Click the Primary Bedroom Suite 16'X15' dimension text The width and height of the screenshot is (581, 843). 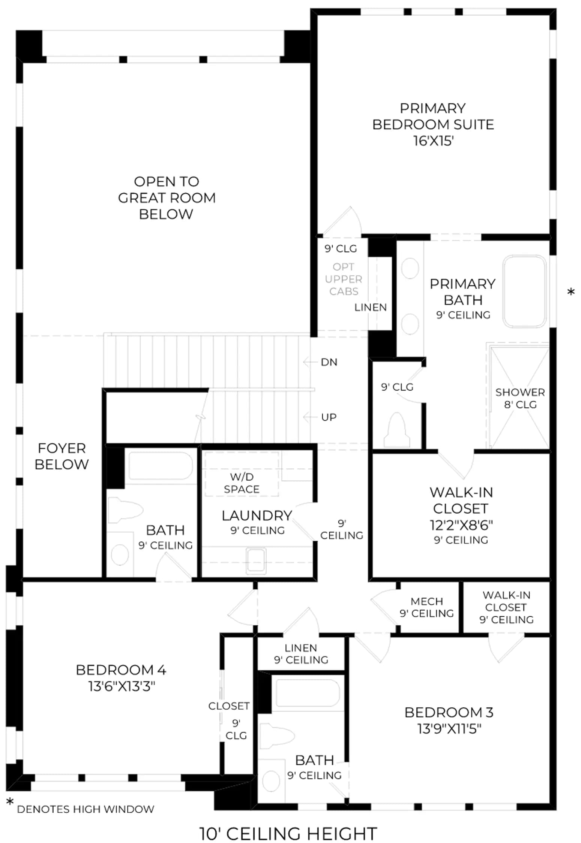[x=433, y=141]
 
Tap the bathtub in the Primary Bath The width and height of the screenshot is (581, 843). [x=524, y=291]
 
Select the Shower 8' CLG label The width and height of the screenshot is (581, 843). [x=520, y=398]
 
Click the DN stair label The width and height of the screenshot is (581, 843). [x=329, y=362]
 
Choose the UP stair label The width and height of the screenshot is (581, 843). [x=329, y=417]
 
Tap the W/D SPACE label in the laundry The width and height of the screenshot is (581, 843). [x=242, y=483]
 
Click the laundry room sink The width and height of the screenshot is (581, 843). [x=256, y=561]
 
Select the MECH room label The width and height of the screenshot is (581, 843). [x=427, y=601]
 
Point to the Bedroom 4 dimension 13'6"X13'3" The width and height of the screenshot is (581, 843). [x=122, y=686]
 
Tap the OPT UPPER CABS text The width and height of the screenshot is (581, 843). [x=344, y=279]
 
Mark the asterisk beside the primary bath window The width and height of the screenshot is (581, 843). [x=571, y=292]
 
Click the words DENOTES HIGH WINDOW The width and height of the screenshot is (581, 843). [x=86, y=809]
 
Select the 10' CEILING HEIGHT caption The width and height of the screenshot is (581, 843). [x=288, y=834]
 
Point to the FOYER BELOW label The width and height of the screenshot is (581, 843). [x=62, y=456]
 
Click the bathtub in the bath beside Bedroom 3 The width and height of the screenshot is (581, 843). [x=308, y=694]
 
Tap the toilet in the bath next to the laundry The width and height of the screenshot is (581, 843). [x=125, y=510]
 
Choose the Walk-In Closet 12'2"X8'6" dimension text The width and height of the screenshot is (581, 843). [x=461, y=525]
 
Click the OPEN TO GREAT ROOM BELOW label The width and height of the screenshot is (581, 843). [x=167, y=198]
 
